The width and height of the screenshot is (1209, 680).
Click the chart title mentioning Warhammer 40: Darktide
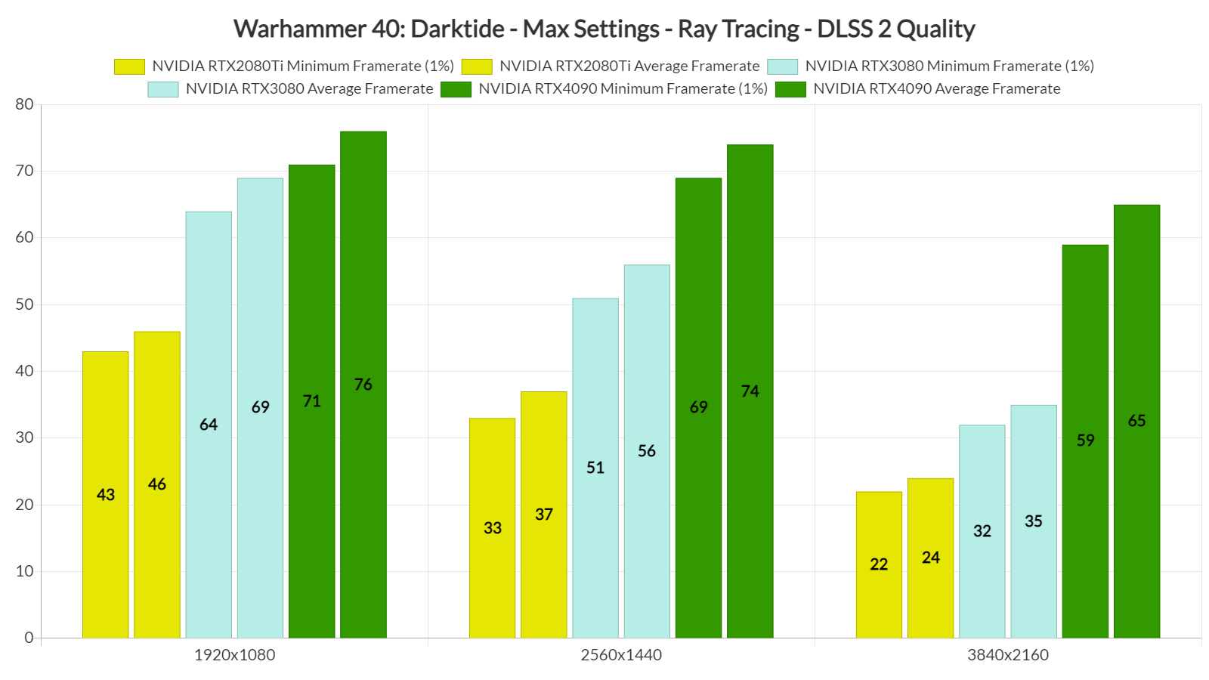604,29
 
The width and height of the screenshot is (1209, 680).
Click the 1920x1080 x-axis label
234,655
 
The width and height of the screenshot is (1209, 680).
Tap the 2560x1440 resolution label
621,655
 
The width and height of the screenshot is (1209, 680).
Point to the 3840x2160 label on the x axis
1008,655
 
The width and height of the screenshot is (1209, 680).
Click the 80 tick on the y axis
25,104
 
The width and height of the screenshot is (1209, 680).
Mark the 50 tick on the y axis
25,304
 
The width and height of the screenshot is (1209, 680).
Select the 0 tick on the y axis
29,638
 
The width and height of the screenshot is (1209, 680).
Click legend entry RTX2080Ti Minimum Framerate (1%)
302,66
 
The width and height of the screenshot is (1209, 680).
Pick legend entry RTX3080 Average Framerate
309,89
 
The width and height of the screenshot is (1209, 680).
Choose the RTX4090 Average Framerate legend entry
936,89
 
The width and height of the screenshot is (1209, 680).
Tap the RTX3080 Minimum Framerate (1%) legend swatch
782,66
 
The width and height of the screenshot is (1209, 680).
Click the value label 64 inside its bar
209,425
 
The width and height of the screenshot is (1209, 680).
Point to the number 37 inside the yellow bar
544,515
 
